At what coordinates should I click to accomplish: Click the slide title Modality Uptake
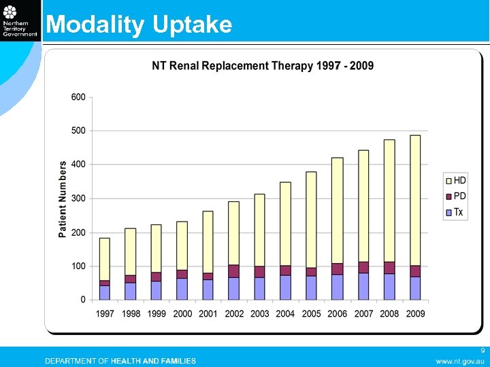click(x=139, y=24)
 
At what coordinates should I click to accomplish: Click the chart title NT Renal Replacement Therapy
click(x=262, y=66)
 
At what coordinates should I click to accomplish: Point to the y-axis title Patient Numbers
click(x=63, y=198)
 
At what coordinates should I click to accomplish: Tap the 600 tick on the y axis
click(x=78, y=97)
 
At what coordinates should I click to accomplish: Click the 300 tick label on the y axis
click(x=78, y=198)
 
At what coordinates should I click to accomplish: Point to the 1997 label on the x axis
click(x=105, y=314)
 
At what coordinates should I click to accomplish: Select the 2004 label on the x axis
click(x=285, y=314)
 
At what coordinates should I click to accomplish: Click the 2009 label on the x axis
click(x=415, y=314)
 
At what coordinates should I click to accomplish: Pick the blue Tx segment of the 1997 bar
click(x=105, y=292)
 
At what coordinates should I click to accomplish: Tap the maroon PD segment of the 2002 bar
click(x=233, y=271)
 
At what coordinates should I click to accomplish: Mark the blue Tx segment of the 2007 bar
click(x=363, y=286)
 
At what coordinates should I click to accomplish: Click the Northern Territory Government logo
click(x=20, y=20)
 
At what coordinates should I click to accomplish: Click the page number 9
click(x=482, y=351)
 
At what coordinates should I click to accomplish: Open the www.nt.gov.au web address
click(x=460, y=361)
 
